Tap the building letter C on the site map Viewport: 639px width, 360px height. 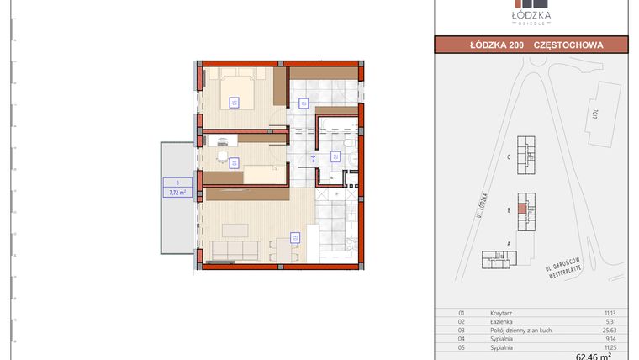(x=509, y=156)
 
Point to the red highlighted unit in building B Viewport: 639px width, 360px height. (x=523, y=207)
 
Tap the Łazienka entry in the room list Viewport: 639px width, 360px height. (x=502, y=321)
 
